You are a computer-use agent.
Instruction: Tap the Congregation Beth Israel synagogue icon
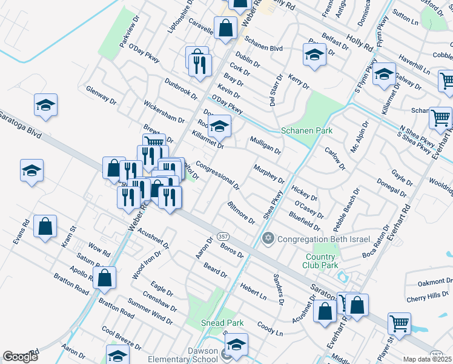pos(268,238)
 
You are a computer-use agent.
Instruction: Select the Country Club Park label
pos(320,260)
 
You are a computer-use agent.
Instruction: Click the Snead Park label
pos(223,323)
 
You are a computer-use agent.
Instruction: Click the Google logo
pos(20,357)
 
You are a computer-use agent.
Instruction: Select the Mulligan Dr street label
pos(265,145)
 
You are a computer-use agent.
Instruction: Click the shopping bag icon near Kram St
pos(45,227)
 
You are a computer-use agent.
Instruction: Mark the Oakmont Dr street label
pos(435,282)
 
